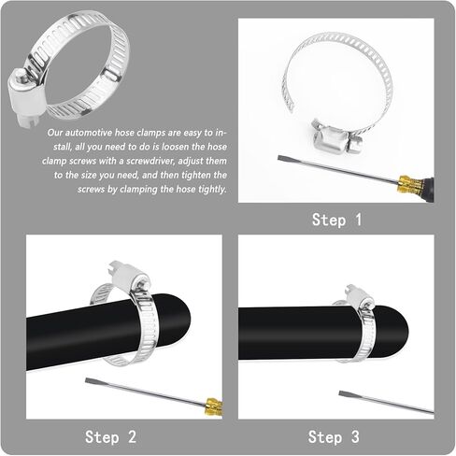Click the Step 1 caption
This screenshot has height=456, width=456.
336,220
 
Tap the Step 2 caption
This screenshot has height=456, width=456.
110,436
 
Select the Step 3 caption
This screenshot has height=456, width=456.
334,436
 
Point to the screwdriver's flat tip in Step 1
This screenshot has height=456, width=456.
280,158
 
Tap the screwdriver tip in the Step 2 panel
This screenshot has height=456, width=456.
88,381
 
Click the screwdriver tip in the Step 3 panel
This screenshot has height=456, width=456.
342,393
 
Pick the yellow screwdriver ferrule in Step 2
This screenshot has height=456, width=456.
214,406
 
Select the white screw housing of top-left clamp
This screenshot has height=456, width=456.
24,96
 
